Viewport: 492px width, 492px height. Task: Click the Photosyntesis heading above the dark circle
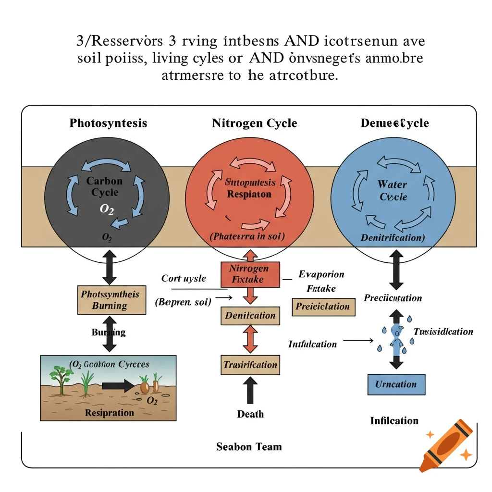(x=108, y=123)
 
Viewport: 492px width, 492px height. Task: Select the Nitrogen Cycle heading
(x=254, y=123)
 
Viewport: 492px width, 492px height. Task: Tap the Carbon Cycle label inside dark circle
(x=105, y=187)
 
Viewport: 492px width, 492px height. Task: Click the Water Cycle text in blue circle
(x=393, y=190)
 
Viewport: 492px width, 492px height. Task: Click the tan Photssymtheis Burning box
(x=111, y=300)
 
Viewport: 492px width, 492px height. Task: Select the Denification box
(x=250, y=316)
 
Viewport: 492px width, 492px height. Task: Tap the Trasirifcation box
(x=250, y=365)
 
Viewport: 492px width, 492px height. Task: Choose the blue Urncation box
(x=396, y=384)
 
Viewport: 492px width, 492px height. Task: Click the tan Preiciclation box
(x=323, y=306)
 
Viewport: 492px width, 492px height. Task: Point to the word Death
(x=250, y=414)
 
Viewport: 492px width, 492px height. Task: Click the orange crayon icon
(x=446, y=444)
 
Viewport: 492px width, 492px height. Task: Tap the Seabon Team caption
(x=249, y=447)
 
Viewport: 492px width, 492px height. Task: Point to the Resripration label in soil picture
(x=109, y=413)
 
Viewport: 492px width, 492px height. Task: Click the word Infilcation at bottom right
(x=394, y=421)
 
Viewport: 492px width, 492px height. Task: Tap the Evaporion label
(x=321, y=274)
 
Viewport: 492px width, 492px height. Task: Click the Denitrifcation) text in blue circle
(x=393, y=237)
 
